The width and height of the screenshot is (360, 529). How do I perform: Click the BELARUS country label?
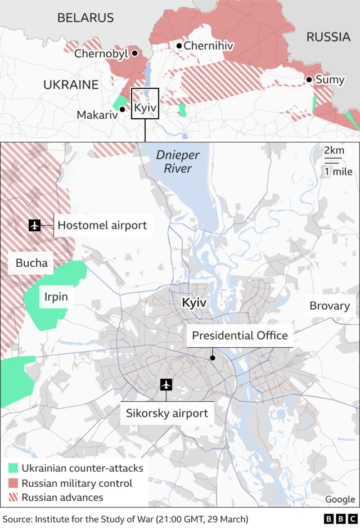[85, 18]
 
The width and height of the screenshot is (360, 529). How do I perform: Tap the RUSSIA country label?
[328, 37]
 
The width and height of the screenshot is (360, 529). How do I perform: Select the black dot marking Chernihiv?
[179, 46]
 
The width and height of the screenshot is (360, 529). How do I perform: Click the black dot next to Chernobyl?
[134, 53]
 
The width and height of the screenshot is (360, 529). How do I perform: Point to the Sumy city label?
[330, 79]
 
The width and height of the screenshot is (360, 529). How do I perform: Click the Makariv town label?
[97, 115]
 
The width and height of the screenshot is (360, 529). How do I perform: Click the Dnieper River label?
[174, 162]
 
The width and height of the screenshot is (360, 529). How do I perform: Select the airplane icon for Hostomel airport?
[35, 225]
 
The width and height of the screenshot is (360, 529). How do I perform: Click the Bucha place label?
[31, 262]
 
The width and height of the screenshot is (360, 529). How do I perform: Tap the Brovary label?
[329, 306]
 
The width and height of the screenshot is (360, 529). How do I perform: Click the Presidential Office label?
[240, 336]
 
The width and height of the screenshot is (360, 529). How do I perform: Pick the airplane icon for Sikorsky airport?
[166, 385]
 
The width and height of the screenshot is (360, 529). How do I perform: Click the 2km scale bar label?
[334, 151]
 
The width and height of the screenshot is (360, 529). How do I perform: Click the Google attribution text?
[340, 499]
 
